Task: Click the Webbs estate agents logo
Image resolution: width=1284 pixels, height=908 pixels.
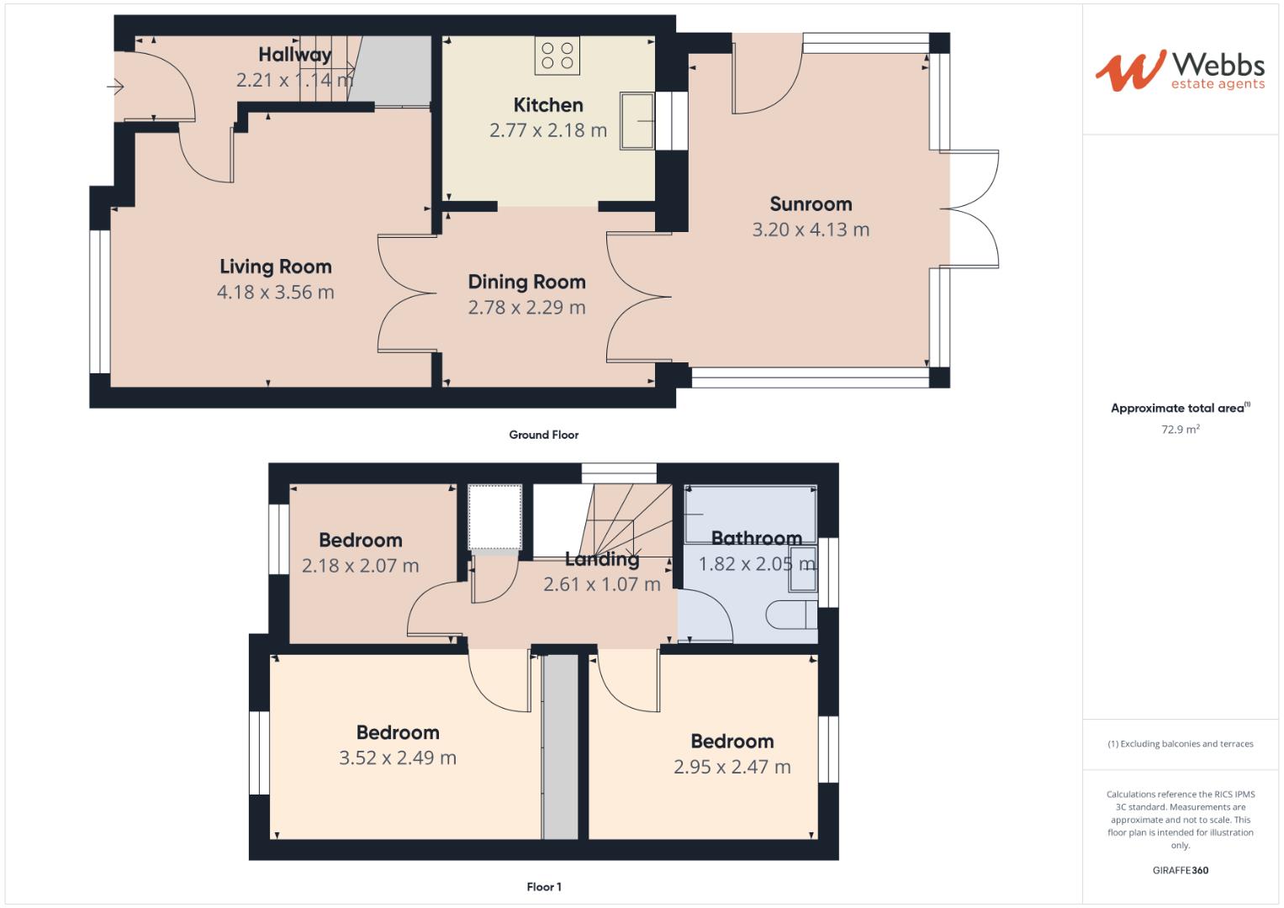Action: click(1179, 71)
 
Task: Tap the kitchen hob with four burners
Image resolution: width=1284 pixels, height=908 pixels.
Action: click(557, 55)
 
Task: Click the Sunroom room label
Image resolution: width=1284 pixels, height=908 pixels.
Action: click(811, 204)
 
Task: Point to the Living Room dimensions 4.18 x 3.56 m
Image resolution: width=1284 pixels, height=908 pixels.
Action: click(275, 293)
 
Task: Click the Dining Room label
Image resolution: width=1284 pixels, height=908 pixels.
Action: click(526, 282)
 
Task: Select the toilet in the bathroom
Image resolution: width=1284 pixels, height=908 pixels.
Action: click(791, 614)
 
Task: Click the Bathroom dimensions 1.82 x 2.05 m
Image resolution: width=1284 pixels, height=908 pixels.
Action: click(757, 564)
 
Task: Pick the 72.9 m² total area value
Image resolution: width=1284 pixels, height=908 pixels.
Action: click(1180, 430)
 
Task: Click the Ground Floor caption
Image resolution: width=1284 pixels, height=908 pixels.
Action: click(543, 435)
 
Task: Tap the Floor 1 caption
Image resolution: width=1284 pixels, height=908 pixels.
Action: click(543, 887)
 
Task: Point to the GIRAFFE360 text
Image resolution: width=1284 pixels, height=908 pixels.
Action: click(1180, 870)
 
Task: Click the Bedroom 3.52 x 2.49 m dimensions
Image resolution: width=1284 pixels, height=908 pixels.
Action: click(397, 758)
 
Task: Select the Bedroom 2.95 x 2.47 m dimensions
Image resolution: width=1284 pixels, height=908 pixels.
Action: click(732, 767)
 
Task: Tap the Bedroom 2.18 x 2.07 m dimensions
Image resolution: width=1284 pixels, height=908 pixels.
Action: click(360, 566)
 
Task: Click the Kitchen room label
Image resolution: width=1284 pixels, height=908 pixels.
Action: click(548, 105)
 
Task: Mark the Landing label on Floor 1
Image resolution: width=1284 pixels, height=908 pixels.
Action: click(601, 559)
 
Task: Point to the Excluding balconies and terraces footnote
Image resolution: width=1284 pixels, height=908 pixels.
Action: click(1180, 744)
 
